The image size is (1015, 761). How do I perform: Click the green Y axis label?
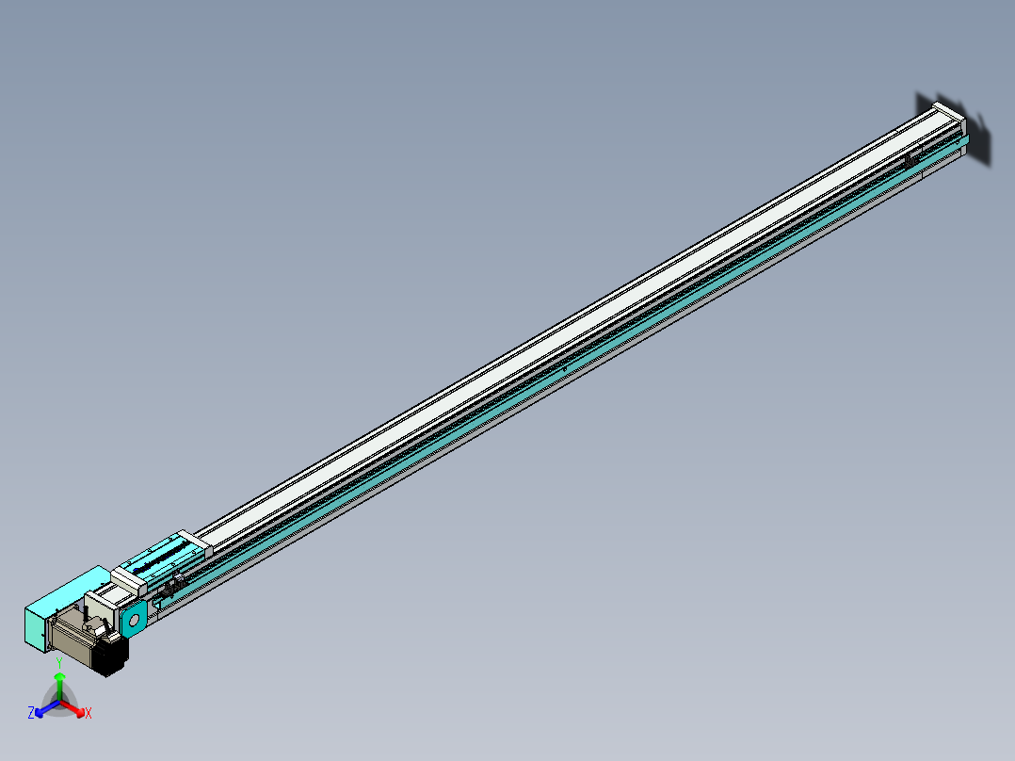[59, 662]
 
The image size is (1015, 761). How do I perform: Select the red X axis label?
[89, 714]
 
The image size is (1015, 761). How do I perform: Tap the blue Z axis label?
[31, 713]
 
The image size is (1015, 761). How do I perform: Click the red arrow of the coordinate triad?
[75, 707]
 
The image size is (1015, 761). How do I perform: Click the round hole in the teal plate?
[133, 620]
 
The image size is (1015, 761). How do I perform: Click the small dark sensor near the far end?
[911, 161]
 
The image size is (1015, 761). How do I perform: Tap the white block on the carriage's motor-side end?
[126, 578]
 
